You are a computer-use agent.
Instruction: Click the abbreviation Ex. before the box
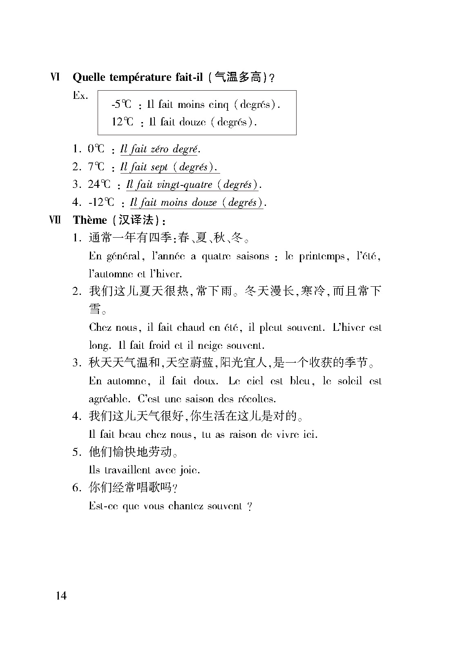pyautogui.click(x=80, y=96)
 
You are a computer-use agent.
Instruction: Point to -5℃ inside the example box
pyautogui.click(x=121, y=104)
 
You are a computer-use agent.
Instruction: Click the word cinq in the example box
pyautogui.click(x=219, y=105)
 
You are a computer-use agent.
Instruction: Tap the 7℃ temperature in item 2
pyautogui.click(x=96, y=167)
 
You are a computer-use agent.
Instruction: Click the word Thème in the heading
pyautogui.click(x=89, y=220)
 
